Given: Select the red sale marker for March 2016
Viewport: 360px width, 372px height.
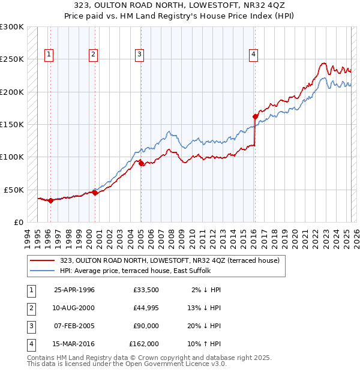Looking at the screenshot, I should (255, 116).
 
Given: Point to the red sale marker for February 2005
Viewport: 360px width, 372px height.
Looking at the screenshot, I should (141, 163).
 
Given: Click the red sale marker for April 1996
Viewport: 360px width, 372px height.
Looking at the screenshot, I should (50, 200).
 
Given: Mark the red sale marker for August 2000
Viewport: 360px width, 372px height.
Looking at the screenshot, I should (95, 193).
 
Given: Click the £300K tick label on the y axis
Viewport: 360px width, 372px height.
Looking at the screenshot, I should (11, 27).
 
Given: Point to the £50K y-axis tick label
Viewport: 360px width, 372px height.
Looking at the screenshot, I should (14, 190).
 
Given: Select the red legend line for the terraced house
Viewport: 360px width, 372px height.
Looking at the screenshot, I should (43, 260).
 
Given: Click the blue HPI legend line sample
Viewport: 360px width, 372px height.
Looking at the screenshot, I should (43, 271).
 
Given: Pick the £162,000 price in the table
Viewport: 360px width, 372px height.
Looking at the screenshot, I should (144, 344).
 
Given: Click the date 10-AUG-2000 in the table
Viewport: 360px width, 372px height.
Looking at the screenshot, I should (74, 308).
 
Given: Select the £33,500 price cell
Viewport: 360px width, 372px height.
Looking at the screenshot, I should (146, 290).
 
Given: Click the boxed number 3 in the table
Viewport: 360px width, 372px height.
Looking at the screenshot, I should (31, 326).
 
